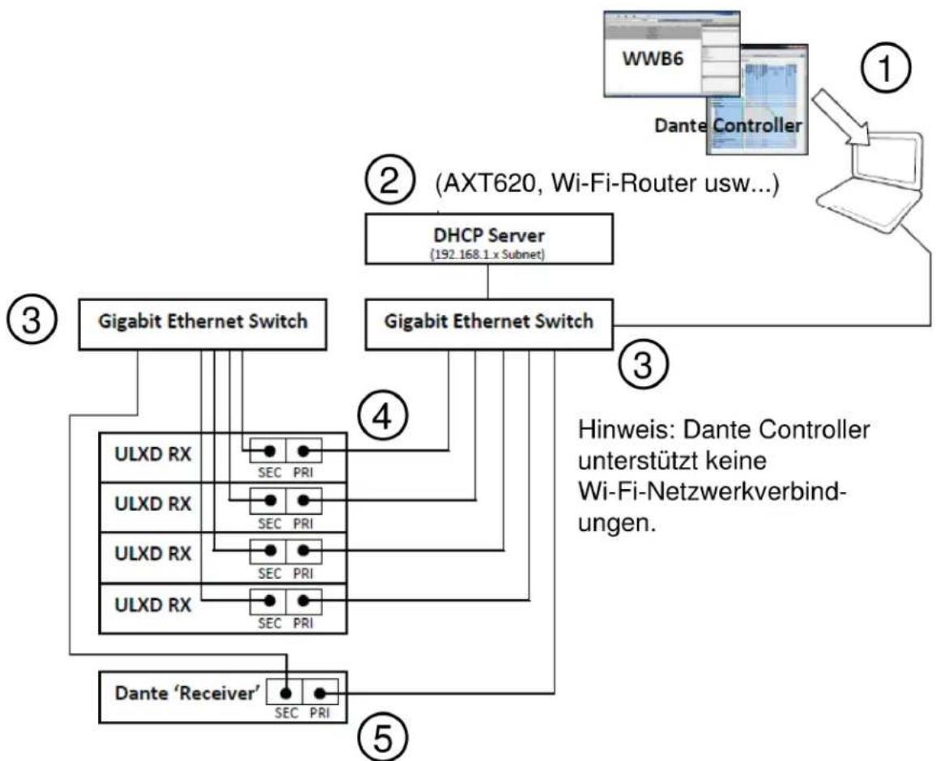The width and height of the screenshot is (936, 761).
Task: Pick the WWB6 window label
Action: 653,58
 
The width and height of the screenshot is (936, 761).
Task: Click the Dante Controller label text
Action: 728,125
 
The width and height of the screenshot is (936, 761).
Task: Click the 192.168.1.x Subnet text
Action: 487,254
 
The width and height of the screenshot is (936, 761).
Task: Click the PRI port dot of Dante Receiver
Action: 320,694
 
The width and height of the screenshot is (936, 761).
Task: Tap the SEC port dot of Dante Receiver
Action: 287,694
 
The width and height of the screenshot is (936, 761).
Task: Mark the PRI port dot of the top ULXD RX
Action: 304,451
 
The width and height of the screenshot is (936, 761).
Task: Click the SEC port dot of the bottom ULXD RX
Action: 270,601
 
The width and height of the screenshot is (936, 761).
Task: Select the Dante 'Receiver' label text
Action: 187,693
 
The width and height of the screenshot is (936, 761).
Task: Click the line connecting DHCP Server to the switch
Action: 488,282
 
